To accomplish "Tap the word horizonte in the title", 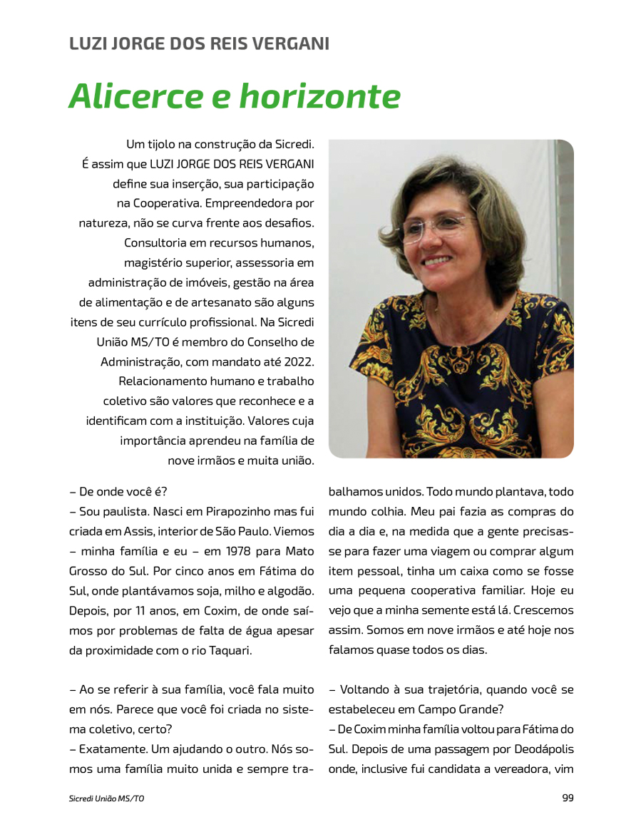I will point(319,96).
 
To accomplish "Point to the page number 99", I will point(568,798).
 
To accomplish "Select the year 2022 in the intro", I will point(298,361).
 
